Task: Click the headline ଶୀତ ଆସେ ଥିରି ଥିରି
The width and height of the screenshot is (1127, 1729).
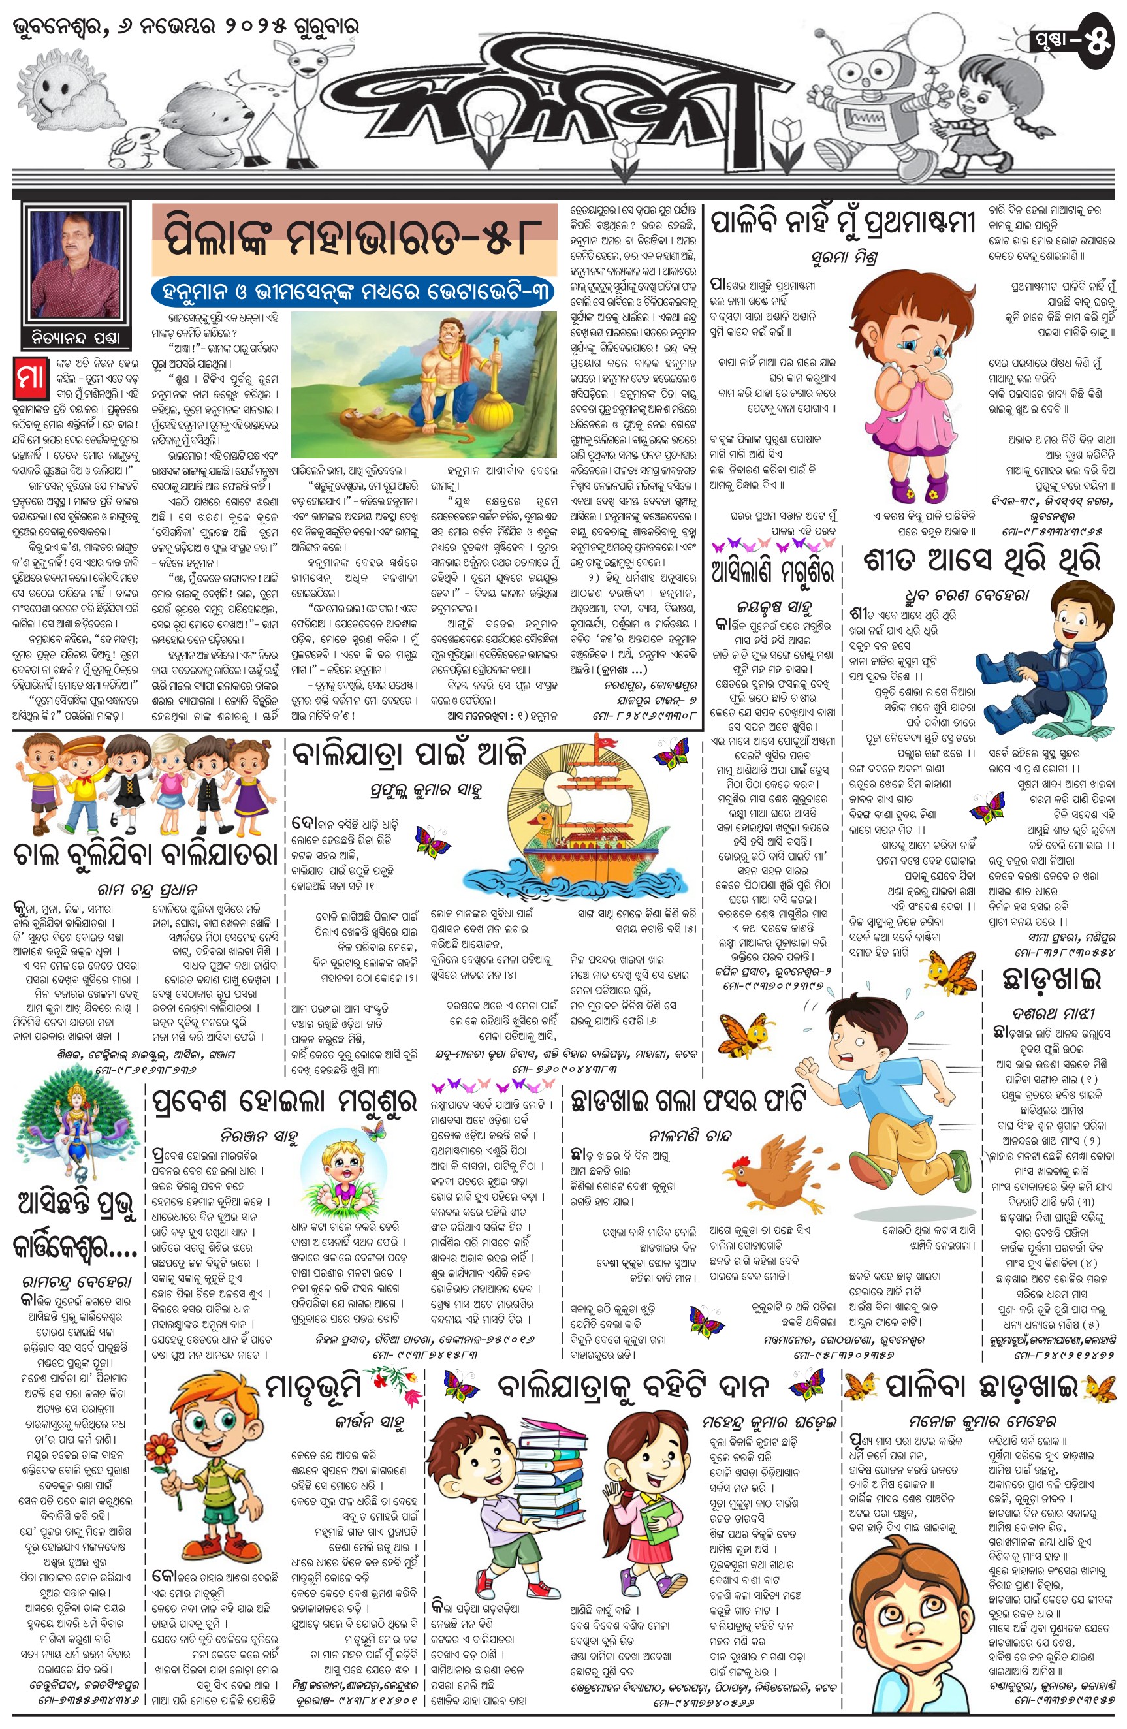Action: tap(981, 560)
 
